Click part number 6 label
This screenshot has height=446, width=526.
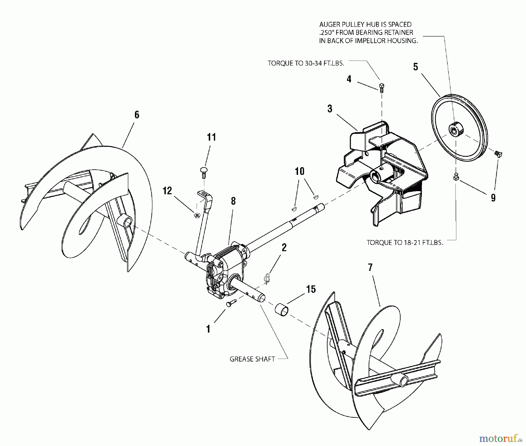pyautogui.click(x=137, y=115)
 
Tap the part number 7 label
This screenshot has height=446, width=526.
pyautogui.click(x=370, y=267)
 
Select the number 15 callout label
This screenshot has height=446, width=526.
pyautogui.click(x=311, y=289)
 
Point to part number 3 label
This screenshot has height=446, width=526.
pyautogui.click(x=330, y=109)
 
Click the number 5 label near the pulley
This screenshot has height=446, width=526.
pyautogui.click(x=416, y=67)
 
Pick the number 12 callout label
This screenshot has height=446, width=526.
pyautogui.click(x=167, y=191)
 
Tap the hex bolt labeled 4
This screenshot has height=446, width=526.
pyautogui.click(x=381, y=87)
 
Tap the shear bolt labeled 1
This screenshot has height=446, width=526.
pyautogui.click(x=230, y=304)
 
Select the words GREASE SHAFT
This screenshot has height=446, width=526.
pyautogui.click(x=252, y=359)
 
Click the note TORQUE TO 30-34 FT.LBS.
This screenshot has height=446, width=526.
pyautogui.click(x=306, y=63)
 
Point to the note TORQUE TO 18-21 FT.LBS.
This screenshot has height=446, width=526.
pyautogui.click(x=405, y=243)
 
